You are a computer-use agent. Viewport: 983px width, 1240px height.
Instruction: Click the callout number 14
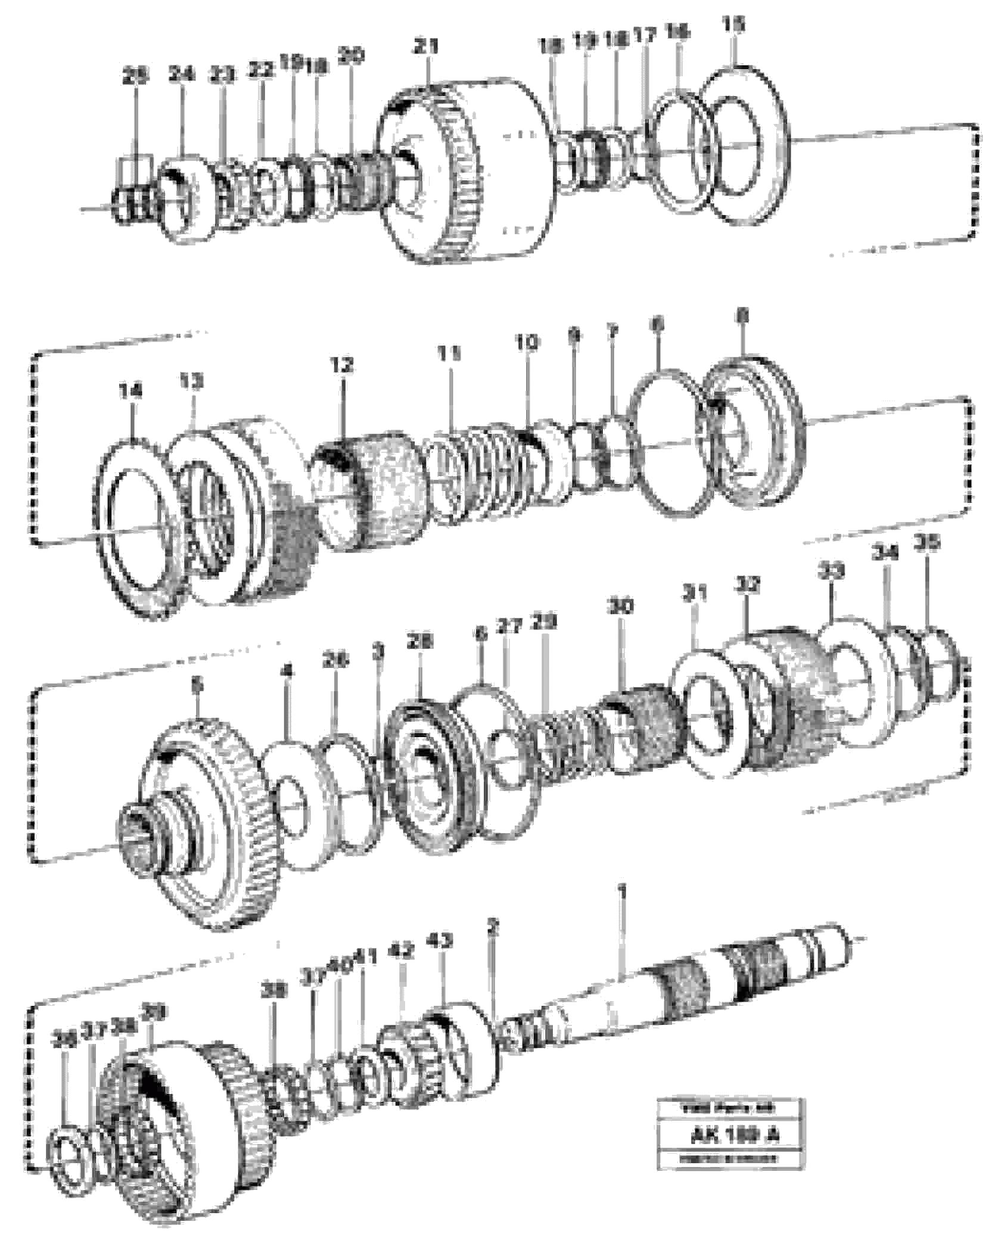coord(130,391)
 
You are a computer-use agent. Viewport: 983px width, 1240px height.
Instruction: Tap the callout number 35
coord(927,543)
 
